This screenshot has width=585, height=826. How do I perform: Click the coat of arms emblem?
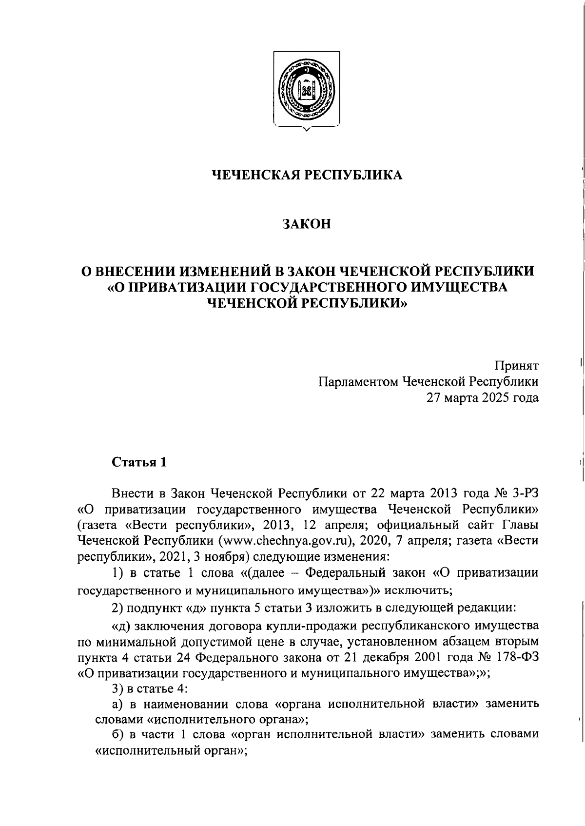click(306, 91)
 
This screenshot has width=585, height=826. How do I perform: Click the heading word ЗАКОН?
click(307, 224)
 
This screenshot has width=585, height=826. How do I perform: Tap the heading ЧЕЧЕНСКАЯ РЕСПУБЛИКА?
click(307, 175)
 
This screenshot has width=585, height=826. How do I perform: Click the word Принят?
click(517, 365)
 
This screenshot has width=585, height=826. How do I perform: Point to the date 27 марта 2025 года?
click(483, 397)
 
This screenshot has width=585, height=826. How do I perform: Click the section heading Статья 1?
click(139, 462)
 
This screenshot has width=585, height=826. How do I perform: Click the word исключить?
click(419, 591)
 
